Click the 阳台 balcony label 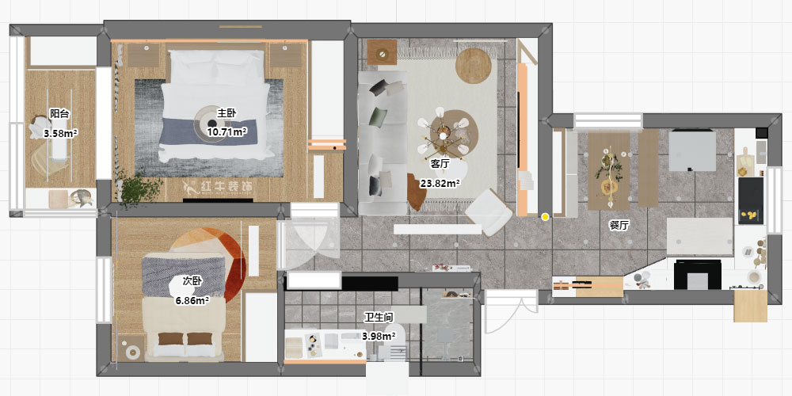pyautogui.click(x=59, y=113)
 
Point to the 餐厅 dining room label pyautogui.click(x=619, y=225)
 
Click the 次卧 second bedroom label pyautogui.click(x=192, y=281)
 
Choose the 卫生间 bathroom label pyautogui.click(x=379, y=318)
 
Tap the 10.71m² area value pyautogui.click(x=227, y=131)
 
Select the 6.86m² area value pyautogui.click(x=192, y=301)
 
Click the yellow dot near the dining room pyautogui.click(x=545, y=217)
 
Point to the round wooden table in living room pyautogui.click(x=474, y=66)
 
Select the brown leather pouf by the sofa pyautogui.click(x=417, y=192)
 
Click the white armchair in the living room pyautogui.click(x=489, y=212)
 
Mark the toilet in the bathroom pyautogui.click(x=394, y=345)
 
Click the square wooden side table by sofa pyautogui.click(x=382, y=52)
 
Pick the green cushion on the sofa pyautogui.click(x=377, y=117)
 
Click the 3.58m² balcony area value pyautogui.click(x=59, y=133)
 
